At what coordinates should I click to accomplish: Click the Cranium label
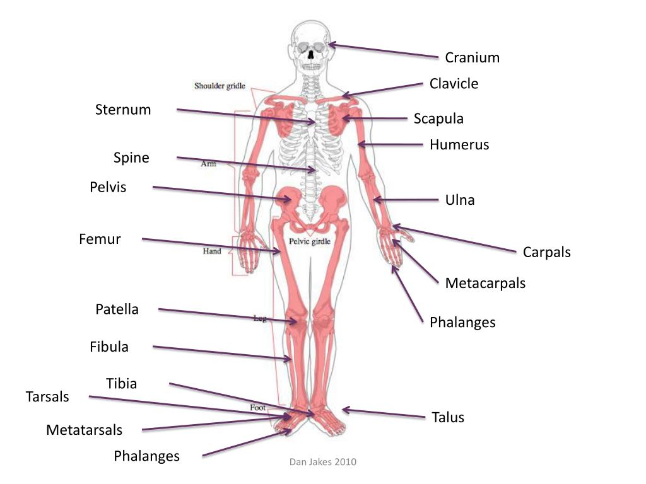point(472,58)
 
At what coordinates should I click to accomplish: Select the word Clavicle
point(454,84)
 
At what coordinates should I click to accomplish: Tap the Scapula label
point(438,119)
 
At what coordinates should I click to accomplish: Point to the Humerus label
point(459,145)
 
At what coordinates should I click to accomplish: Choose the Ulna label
point(460,200)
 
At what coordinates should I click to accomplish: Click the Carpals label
point(546,253)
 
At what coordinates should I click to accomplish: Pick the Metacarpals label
point(485,284)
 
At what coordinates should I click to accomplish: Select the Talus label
point(448,417)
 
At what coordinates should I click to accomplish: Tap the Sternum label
point(123,110)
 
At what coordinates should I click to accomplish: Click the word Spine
point(131,158)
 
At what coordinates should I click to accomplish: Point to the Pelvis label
point(108,187)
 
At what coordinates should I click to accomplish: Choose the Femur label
point(100,239)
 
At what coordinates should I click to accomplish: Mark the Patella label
point(117,309)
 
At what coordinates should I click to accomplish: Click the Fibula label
point(109,347)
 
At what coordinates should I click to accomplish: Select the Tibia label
point(121,383)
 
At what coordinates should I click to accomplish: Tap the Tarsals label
point(47,397)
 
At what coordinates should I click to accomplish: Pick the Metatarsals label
point(84,430)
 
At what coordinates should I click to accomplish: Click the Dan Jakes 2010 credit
point(322,462)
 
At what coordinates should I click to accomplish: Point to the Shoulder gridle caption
point(220,86)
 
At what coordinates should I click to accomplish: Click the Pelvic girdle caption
point(310,241)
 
